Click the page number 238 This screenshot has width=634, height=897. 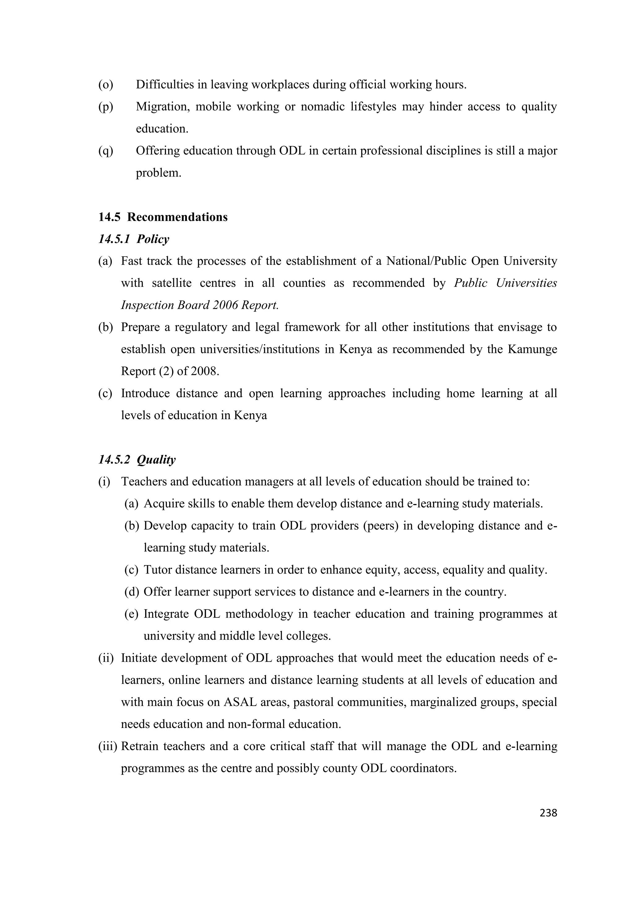(x=548, y=813)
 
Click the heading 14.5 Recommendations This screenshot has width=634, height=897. (x=163, y=217)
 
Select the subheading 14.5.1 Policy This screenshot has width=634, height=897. (x=134, y=239)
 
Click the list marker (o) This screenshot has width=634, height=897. (x=106, y=84)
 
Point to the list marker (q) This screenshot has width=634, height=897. (x=106, y=151)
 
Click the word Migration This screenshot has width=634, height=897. (x=163, y=107)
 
